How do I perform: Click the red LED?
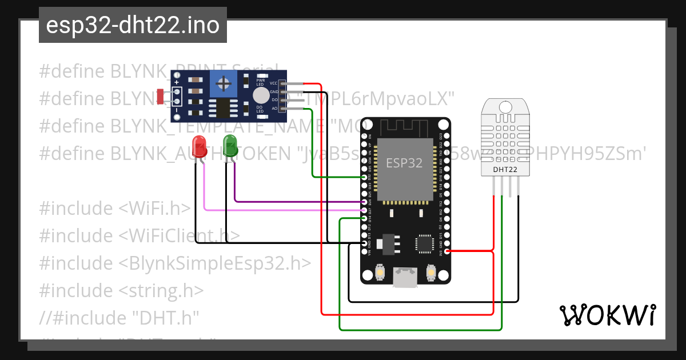pyautogui.click(x=199, y=143)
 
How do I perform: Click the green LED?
pyautogui.click(x=230, y=143)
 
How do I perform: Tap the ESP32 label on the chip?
pyautogui.click(x=404, y=163)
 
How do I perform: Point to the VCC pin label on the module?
pyautogui.click(x=273, y=83)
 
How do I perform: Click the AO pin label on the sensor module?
pyautogui.click(x=274, y=108)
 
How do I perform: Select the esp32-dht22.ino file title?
pyautogui.click(x=133, y=25)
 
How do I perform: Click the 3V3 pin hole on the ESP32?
pyautogui.click(x=446, y=251)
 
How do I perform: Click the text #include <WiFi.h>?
pyautogui.click(x=114, y=209)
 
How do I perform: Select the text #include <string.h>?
pyautogui.click(x=121, y=291)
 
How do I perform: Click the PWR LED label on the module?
pyautogui.click(x=260, y=82)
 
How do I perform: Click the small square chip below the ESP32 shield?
pyautogui.click(x=425, y=244)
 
